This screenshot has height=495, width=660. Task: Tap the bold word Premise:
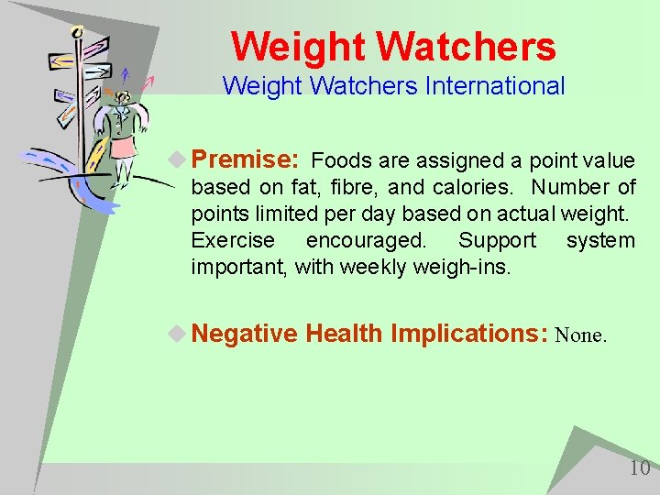[245, 159]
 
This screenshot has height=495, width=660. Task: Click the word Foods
[341, 161]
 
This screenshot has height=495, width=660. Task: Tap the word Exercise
[233, 240]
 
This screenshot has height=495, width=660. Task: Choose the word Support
[497, 240]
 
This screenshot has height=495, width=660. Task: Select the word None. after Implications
[580, 335]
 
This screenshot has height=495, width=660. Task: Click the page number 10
[639, 468]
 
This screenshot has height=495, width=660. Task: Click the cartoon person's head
[119, 96]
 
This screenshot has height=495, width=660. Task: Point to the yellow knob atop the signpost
[77, 32]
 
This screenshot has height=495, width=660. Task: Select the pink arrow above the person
[147, 82]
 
